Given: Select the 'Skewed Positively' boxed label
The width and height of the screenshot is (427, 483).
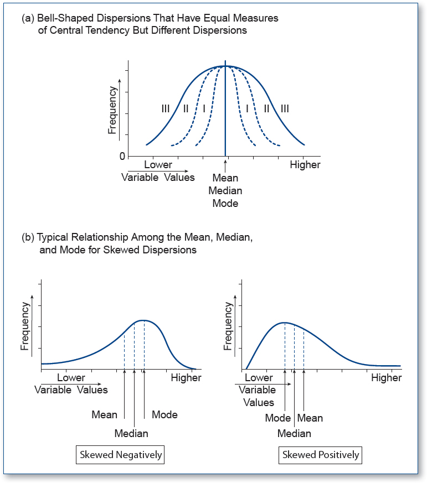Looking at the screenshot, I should pyautogui.click(x=321, y=455).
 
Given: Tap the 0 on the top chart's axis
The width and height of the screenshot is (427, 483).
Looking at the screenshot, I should pyautogui.click(x=122, y=157).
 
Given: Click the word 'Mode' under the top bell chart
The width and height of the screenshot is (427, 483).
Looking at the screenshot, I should pyautogui.click(x=225, y=203).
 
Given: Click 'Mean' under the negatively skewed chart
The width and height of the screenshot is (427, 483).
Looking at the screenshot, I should pyautogui.click(x=104, y=414).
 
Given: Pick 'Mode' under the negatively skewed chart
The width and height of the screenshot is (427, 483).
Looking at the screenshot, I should pyautogui.click(x=164, y=414).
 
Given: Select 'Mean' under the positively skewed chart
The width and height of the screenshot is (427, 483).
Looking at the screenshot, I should pyautogui.click(x=310, y=418).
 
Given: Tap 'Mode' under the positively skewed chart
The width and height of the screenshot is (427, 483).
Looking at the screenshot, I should pyautogui.click(x=278, y=418).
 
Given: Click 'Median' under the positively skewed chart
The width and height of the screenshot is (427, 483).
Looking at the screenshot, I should pyautogui.click(x=294, y=433).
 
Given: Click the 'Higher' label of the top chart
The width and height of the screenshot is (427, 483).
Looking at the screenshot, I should pyautogui.click(x=305, y=165).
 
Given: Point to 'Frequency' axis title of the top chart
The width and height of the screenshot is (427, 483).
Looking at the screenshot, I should pyautogui.click(x=112, y=110).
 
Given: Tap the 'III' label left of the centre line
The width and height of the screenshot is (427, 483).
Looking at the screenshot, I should pyautogui.click(x=166, y=108).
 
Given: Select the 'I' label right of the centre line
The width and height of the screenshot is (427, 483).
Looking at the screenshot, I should pyautogui.click(x=247, y=108).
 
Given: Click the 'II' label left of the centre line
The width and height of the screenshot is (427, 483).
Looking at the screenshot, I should pyautogui.click(x=186, y=108).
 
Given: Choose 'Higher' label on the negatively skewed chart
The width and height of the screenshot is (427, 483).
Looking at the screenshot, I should pyautogui.click(x=186, y=378).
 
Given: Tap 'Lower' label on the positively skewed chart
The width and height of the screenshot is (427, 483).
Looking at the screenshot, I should pyautogui.click(x=259, y=378).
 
